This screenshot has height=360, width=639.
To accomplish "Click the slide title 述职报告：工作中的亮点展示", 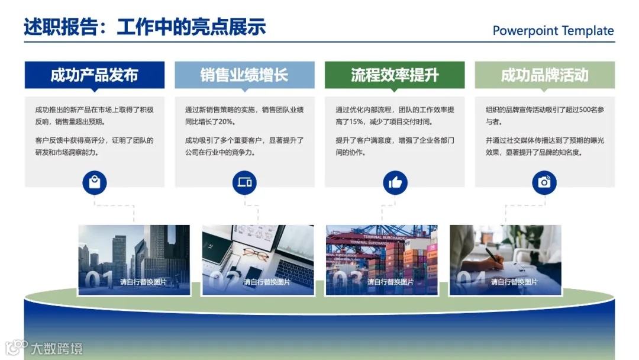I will coord(145,27).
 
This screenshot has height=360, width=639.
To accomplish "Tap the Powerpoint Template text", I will coord(553,31).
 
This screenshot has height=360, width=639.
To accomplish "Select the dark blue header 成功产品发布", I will coord(95,75).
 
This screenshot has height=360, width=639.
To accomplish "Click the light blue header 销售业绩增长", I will coord(244,75).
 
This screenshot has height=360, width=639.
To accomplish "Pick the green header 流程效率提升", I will coord(395,75).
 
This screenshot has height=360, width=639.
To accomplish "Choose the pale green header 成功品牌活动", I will coord(544,75).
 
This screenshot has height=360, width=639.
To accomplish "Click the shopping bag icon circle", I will coord(95,182).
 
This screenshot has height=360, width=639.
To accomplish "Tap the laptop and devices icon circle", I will coord(244,182).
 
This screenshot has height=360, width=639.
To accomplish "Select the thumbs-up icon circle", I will coord(395,182).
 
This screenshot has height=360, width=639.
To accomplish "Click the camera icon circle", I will coord(544,182).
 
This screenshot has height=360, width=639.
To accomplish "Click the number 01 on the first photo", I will coord(99,280).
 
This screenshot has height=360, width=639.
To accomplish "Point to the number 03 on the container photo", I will coord(347,280).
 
